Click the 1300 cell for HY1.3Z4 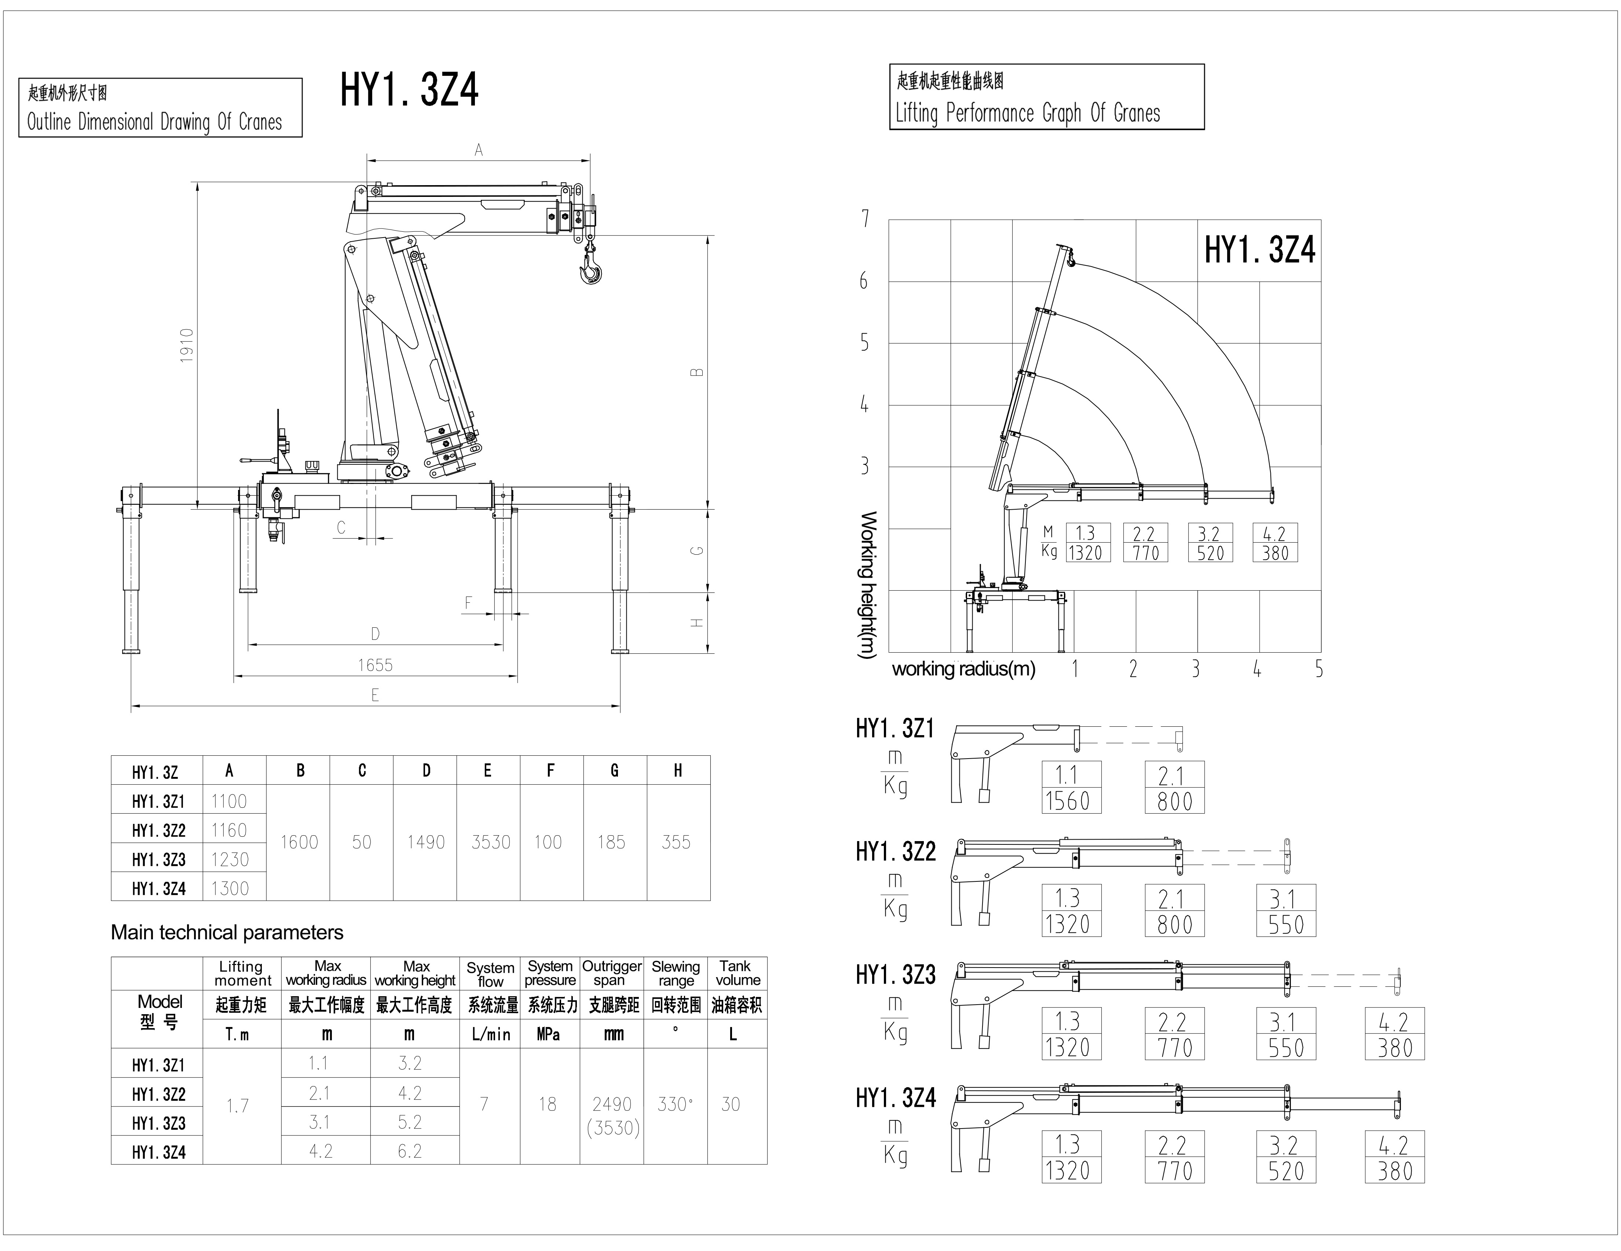tap(230, 888)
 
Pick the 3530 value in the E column tap(491, 842)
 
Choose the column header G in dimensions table tap(615, 771)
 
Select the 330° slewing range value tap(676, 1104)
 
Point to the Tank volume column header tap(736, 973)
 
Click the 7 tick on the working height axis tap(865, 219)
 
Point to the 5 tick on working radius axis tap(1319, 669)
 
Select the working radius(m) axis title tap(963, 669)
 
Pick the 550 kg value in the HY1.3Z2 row tap(1286, 925)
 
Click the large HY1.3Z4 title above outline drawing tap(410, 91)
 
